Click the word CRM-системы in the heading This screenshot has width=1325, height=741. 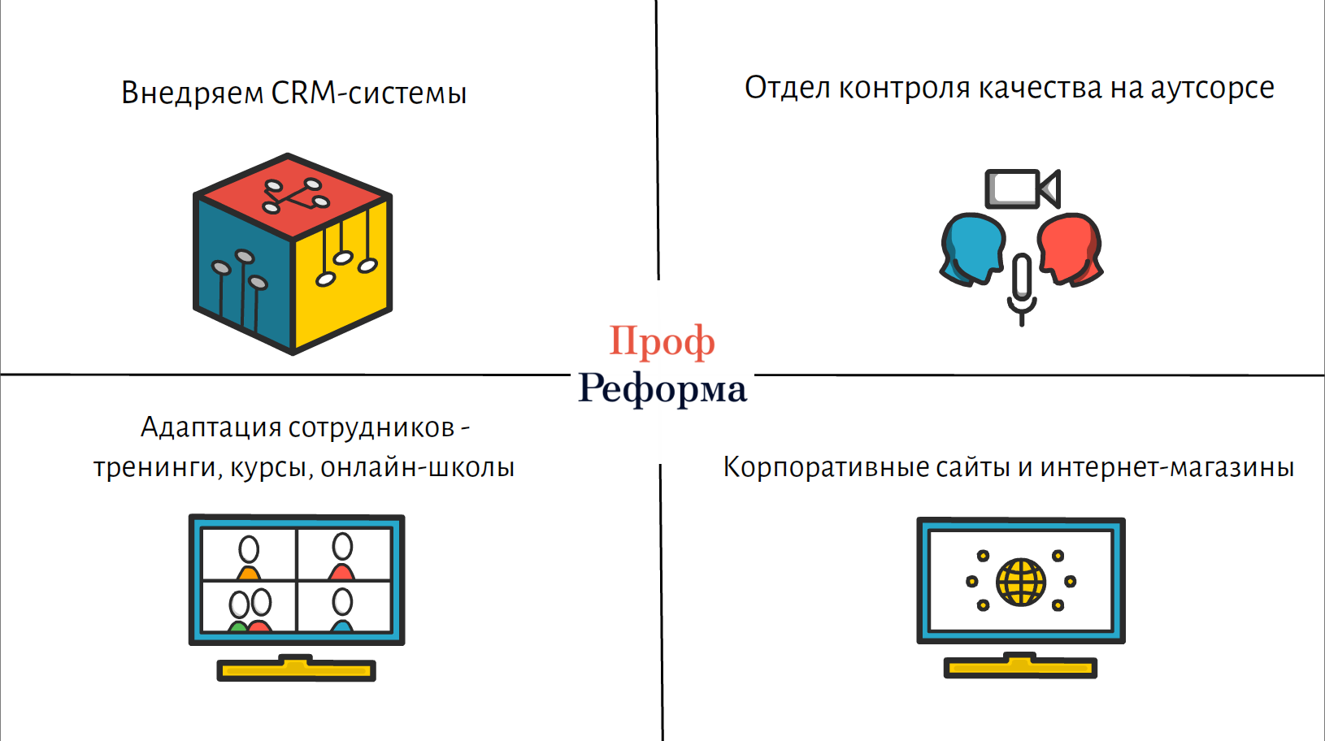tap(368, 93)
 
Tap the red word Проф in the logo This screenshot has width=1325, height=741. tap(662, 342)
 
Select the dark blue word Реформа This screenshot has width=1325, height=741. tap(662, 388)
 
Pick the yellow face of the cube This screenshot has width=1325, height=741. tap(342, 275)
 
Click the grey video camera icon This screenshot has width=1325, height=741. tap(1022, 188)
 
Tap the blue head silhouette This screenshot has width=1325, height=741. tap(973, 249)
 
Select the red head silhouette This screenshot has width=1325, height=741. tap(1071, 249)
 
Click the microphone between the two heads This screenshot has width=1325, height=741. tap(1022, 289)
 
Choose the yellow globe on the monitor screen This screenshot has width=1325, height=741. tap(1021, 583)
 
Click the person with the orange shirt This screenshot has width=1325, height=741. tap(249, 557)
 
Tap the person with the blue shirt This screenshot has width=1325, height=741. tap(342, 609)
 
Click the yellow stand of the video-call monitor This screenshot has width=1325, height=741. tap(297, 668)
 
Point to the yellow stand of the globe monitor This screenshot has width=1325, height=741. tap(1020, 665)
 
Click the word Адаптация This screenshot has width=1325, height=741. tap(211, 428)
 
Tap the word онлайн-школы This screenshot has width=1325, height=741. tap(417, 468)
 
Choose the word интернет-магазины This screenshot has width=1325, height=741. tap(1167, 467)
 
